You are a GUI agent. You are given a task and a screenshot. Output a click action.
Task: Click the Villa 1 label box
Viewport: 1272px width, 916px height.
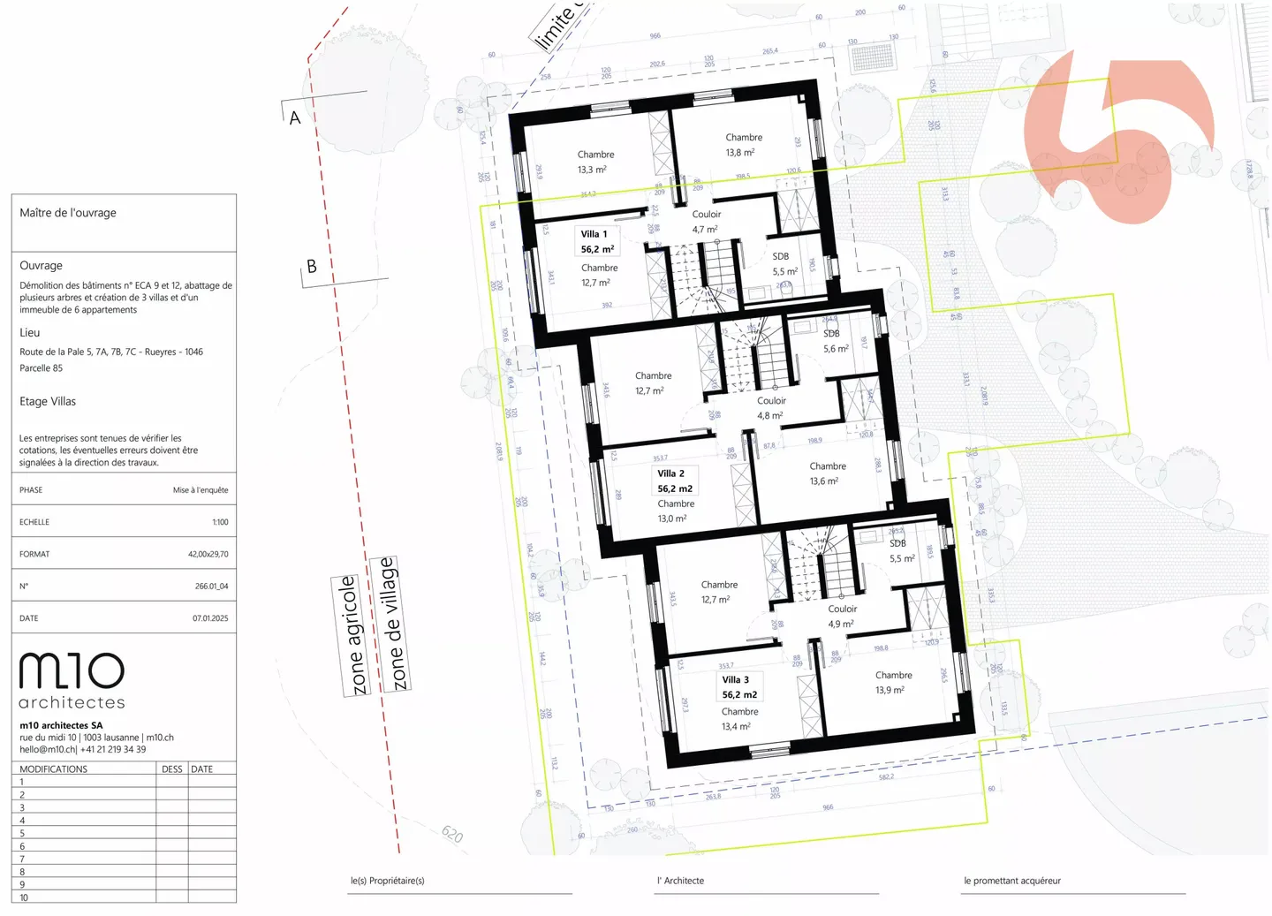pos(597,241)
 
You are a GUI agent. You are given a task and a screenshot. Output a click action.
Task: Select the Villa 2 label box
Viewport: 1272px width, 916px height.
pos(675,481)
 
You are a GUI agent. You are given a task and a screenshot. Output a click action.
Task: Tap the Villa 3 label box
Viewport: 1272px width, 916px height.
pos(739,687)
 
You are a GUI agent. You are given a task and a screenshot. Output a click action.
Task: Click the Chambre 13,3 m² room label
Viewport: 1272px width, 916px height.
pos(595,162)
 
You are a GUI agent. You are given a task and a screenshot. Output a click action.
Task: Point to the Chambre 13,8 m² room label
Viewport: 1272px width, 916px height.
pos(744,145)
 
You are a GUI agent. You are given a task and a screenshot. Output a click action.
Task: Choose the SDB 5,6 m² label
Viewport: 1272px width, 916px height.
pos(835,341)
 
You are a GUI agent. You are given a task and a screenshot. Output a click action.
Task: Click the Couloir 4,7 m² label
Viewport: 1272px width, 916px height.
pos(706,222)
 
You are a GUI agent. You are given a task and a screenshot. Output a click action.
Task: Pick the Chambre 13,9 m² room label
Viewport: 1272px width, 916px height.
pos(893,682)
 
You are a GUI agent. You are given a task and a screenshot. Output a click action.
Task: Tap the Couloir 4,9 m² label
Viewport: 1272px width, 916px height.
pos(842,616)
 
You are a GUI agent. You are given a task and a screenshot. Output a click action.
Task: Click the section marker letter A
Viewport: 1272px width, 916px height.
pos(295,117)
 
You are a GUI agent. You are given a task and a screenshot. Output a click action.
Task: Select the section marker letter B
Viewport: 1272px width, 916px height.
pos(311,266)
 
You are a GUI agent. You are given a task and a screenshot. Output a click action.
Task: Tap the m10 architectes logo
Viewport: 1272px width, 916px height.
pos(72,681)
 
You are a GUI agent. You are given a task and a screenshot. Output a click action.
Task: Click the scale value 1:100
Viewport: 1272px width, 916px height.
pos(220,522)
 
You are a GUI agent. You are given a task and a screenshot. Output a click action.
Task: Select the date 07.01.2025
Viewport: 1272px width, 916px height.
pos(210,618)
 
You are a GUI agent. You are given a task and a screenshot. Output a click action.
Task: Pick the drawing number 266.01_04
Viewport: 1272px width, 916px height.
pos(211,587)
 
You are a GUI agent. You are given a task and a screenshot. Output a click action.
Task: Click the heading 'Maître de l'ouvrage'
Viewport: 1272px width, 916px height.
pos(68,213)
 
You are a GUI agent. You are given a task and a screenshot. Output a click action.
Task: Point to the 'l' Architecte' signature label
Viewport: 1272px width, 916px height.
pos(680,881)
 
